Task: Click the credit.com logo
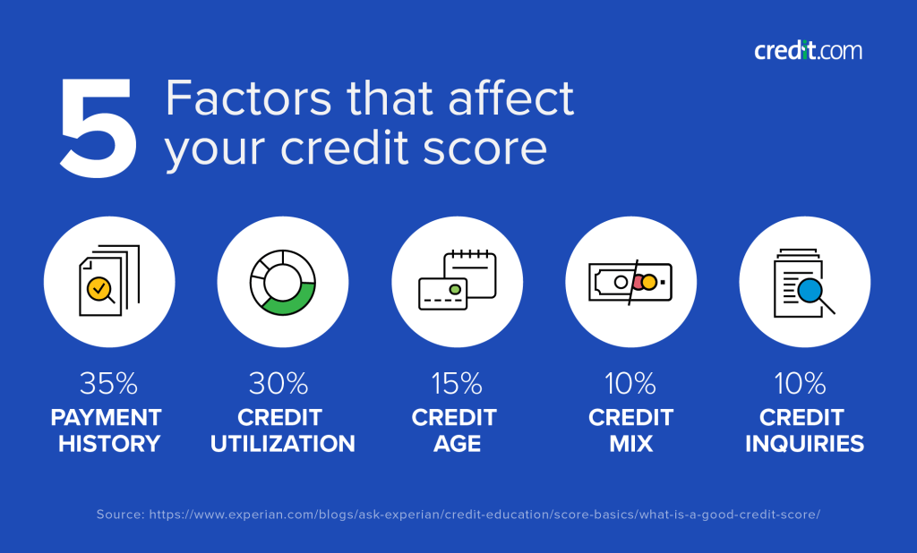808,50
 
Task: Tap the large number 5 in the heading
99,129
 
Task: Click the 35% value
108,385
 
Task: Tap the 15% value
457,385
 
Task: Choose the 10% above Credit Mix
630,385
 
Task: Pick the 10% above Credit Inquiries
804,385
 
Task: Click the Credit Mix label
630,430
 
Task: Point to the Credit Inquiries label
804,430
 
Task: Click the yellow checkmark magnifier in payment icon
98,288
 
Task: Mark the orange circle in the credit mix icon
649,282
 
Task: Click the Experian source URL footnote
458,515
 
